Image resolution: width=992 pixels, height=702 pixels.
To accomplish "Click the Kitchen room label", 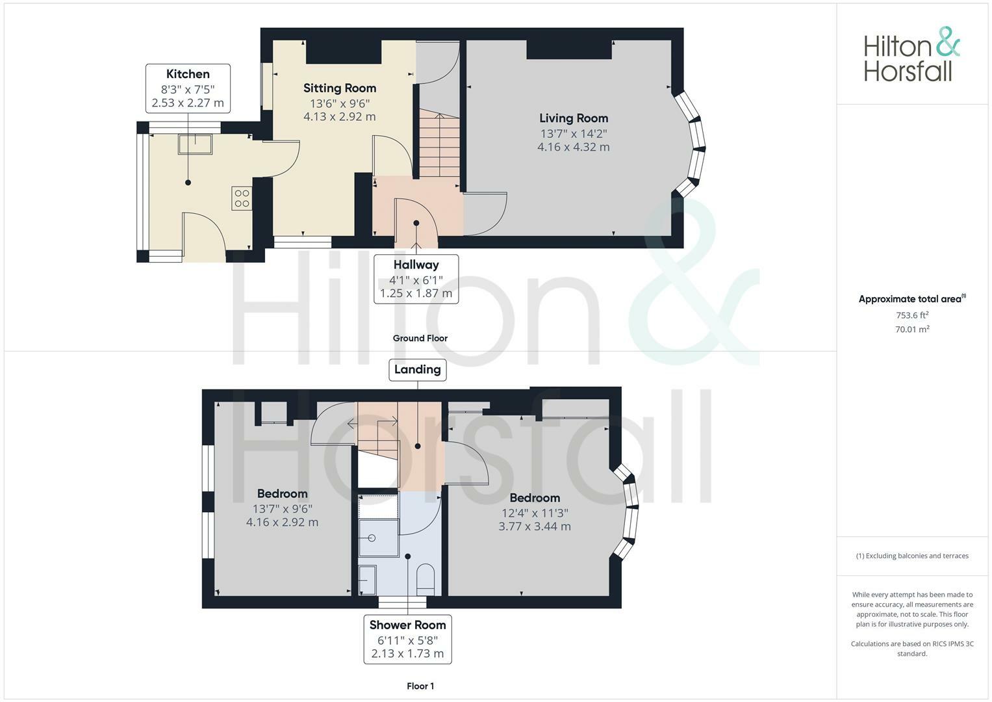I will pyautogui.click(x=188, y=74).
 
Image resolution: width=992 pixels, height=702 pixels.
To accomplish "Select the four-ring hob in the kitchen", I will pyautogui.click(x=242, y=198).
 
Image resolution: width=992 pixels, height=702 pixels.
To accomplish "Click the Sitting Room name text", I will pyautogui.click(x=340, y=88).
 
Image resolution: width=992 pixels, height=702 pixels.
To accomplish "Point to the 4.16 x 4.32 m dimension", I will pyautogui.click(x=573, y=147).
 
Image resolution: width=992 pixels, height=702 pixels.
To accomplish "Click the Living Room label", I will pyautogui.click(x=574, y=118).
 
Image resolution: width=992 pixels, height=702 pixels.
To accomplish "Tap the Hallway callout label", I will pyautogui.click(x=416, y=265).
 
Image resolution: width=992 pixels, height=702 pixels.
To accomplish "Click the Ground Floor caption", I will pyautogui.click(x=420, y=338).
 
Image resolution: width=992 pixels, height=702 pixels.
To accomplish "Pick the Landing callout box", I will pyautogui.click(x=417, y=369).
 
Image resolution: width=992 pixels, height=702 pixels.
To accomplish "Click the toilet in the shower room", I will pyautogui.click(x=425, y=578).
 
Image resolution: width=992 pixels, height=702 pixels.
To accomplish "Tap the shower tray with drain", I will pyautogui.click(x=379, y=538).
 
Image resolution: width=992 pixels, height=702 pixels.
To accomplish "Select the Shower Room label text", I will pyautogui.click(x=407, y=625).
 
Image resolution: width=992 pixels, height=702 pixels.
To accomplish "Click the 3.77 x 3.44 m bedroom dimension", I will pyautogui.click(x=534, y=526).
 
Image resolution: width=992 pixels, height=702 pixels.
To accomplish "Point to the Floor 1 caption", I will pyautogui.click(x=420, y=686).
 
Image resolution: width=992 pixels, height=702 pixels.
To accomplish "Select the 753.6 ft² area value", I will pyautogui.click(x=912, y=315).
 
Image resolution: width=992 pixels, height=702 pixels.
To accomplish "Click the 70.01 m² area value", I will pyautogui.click(x=912, y=330).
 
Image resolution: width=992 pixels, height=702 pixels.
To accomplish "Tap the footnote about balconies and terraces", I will pyautogui.click(x=912, y=556).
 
